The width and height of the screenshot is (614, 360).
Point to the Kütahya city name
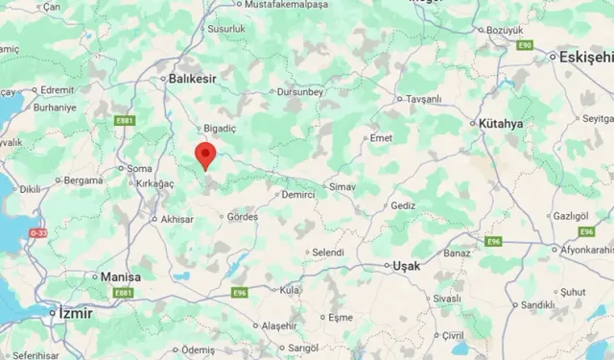[501, 124]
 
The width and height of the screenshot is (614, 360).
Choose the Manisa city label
[121, 276]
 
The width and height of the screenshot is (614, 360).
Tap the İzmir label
[74, 312]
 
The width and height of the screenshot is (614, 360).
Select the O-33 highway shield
[37, 232]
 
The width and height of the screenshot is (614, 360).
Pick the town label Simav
[342, 185]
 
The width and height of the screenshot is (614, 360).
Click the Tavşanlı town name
[422, 98]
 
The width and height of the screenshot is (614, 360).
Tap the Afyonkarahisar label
[586, 250]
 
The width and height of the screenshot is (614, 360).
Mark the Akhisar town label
[177, 219]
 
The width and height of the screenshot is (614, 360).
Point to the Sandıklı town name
[537, 305]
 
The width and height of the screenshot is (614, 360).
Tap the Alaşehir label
[288, 325]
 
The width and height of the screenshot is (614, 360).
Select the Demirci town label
[298, 194]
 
